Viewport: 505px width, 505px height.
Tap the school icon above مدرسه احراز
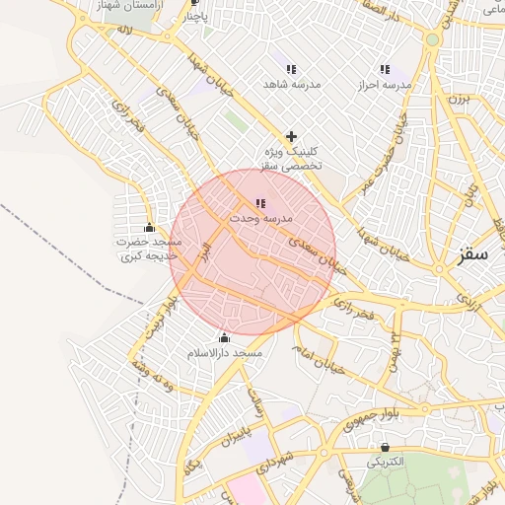385,70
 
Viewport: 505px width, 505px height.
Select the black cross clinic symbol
291,136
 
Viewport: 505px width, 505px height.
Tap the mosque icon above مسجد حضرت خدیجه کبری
149,228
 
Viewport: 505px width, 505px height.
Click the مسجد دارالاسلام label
225,352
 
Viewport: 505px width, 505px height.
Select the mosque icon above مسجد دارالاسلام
224,338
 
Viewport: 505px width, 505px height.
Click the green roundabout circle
431,39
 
